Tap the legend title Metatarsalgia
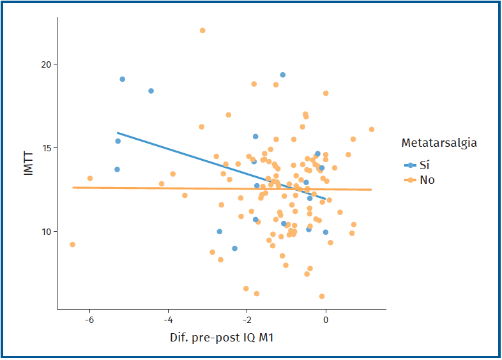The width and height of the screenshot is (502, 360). [x=438, y=143]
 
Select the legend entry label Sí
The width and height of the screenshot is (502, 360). [x=425, y=165]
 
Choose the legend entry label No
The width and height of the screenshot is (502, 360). [x=427, y=180]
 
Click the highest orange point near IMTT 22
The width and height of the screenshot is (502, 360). [x=202, y=31]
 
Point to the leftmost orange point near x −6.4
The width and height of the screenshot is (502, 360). [x=73, y=244]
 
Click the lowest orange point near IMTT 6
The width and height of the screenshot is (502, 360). [x=322, y=296]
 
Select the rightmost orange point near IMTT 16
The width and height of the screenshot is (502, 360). [x=372, y=130]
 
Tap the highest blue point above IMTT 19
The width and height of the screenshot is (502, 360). [x=282, y=75]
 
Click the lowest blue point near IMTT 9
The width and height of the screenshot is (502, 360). [x=234, y=248]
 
